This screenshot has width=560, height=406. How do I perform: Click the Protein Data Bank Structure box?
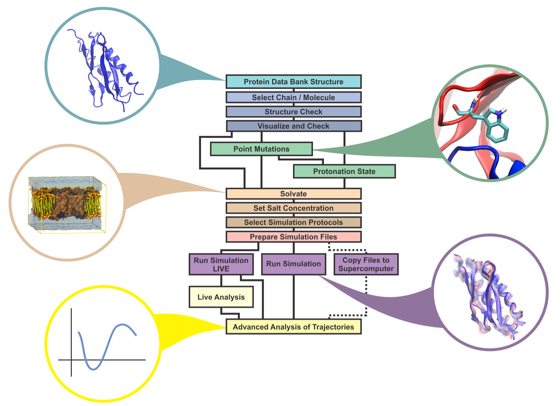click(x=293, y=82)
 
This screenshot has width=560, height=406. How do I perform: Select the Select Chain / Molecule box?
click(x=293, y=97)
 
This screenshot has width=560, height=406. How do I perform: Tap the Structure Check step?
click(x=293, y=112)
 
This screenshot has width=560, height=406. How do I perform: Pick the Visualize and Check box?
click(x=293, y=126)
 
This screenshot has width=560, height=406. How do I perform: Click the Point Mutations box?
click(x=261, y=149)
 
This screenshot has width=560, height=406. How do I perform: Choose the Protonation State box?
click(x=344, y=171)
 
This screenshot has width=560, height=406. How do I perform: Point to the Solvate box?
click(x=293, y=194)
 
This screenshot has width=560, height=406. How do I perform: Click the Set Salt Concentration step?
click(x=293, y=208)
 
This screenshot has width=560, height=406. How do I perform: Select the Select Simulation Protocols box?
click(x=293, y=222)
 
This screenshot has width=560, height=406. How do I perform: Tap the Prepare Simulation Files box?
click(x=293, y=237)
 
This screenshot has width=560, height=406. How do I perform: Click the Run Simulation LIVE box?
click(x=221, y=264)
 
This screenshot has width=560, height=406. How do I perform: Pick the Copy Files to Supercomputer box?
click(x=366, y=264)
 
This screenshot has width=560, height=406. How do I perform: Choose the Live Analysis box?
click(x=221, y=297)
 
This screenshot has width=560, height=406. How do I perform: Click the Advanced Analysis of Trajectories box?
click(x=293, y=327)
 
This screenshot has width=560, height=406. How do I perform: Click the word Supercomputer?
click(x=366, y=269)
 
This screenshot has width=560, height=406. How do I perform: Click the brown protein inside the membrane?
click(x=67, y=204)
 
